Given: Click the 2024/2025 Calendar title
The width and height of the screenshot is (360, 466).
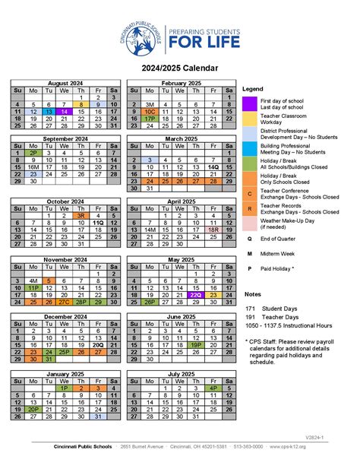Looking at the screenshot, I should (180, 68).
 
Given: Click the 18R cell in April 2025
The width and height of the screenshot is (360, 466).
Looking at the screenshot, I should (213, 229).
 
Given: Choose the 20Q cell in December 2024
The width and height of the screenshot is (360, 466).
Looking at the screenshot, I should (98, 344).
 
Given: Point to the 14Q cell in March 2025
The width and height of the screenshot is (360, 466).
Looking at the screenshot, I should (213, 166).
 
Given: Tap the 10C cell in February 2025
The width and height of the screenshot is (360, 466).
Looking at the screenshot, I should (150, 111).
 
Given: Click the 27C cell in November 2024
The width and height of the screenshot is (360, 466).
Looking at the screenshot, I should (65, 302).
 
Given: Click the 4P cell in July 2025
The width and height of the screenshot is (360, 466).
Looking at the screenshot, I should (213, 388).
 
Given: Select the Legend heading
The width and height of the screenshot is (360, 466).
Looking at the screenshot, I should (253, 89).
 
